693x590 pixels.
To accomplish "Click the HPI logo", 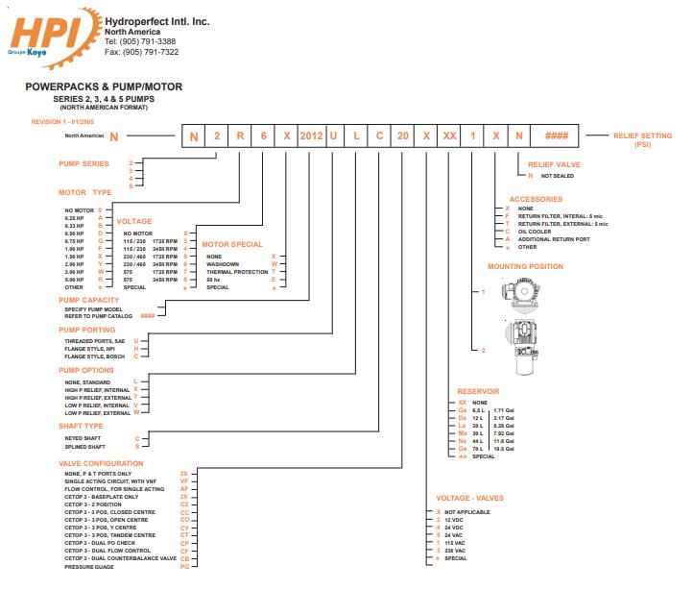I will point(48,36).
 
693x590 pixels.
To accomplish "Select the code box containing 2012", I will point(311,136).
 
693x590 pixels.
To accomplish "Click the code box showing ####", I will point(557,136).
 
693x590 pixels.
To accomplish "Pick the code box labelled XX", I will point(449,136).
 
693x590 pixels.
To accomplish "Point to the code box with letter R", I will point(241,136).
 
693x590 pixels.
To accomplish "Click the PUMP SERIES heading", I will point(85,163).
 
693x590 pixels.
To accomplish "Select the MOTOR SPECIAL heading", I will point(231,244).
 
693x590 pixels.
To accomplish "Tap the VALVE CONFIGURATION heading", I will point(103,463).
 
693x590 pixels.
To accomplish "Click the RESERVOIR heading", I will point(478,391).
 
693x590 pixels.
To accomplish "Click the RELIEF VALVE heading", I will point(554,164).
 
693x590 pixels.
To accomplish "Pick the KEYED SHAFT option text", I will point(84,438).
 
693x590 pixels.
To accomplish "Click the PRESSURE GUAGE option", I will point(89,566).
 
